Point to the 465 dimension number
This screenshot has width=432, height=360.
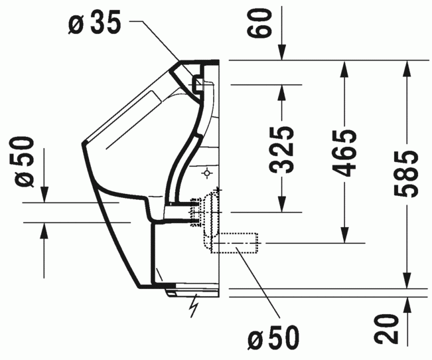(x=344, y=153)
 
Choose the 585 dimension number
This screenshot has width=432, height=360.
(x=405, y=174)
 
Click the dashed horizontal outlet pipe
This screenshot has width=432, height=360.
(x=234, y=243)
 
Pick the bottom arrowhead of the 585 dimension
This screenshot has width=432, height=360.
(x=407, y=280)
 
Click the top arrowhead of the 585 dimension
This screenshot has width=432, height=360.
(x=407, y=68)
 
